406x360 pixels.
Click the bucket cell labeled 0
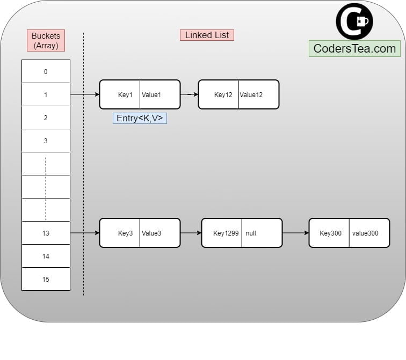46,71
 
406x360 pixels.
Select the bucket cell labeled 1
46,94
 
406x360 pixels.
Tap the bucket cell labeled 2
46,117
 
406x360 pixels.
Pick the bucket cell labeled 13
46,233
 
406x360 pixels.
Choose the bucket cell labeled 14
46,256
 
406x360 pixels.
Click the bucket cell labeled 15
46,279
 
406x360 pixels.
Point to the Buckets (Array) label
46,40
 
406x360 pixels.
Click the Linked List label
207,35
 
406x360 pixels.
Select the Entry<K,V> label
140,118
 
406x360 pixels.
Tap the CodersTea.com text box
354,48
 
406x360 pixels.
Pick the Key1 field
120,94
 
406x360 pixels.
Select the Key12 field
219,94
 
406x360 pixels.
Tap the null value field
262,233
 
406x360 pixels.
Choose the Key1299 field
222,233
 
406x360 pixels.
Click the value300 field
369,233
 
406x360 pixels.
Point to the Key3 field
120,233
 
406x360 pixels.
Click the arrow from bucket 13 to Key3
85,233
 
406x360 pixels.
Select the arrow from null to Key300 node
295,233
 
